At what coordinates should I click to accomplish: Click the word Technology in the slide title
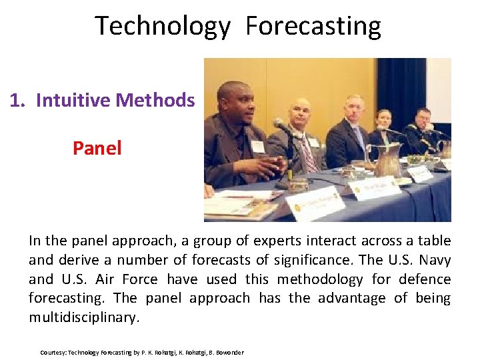(x=163, y=26)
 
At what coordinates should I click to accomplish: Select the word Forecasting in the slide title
(x=313, y=26)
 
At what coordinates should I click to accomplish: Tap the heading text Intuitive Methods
(x=115, y=100)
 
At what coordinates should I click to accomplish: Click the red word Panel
(x=97, y=148)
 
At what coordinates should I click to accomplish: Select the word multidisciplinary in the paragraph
(x=84, y=317)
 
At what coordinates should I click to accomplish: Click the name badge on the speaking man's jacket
(x=257, y=146)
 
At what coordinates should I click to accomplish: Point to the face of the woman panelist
(x=383, y=119)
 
